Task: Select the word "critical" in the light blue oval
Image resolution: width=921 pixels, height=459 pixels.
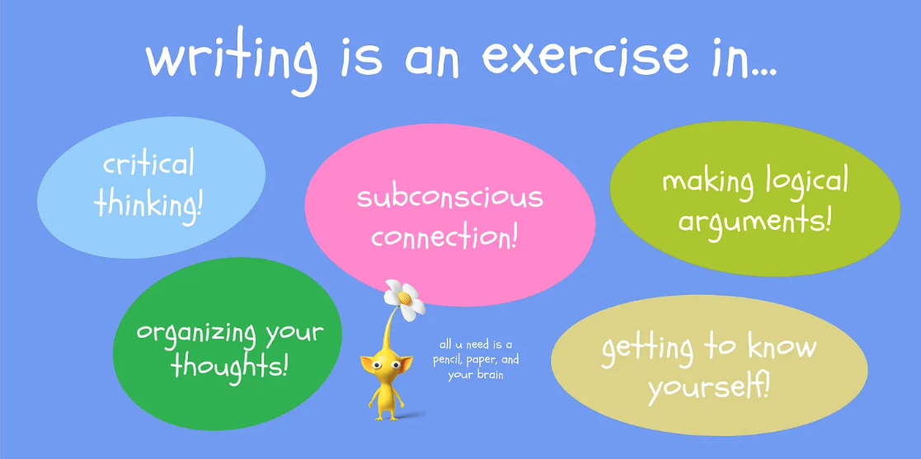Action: point(149,163)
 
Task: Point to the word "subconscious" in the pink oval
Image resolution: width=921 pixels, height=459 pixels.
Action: point(449,198)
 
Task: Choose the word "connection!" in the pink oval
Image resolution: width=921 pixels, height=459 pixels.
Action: point(444,237)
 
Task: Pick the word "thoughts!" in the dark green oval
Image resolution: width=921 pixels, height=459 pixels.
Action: point(229,366)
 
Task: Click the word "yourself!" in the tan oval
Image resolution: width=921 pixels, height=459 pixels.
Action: point(708,385)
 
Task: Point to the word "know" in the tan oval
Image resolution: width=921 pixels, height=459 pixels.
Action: point(780,346)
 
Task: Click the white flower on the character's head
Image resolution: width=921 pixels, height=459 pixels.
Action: point(404,298)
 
